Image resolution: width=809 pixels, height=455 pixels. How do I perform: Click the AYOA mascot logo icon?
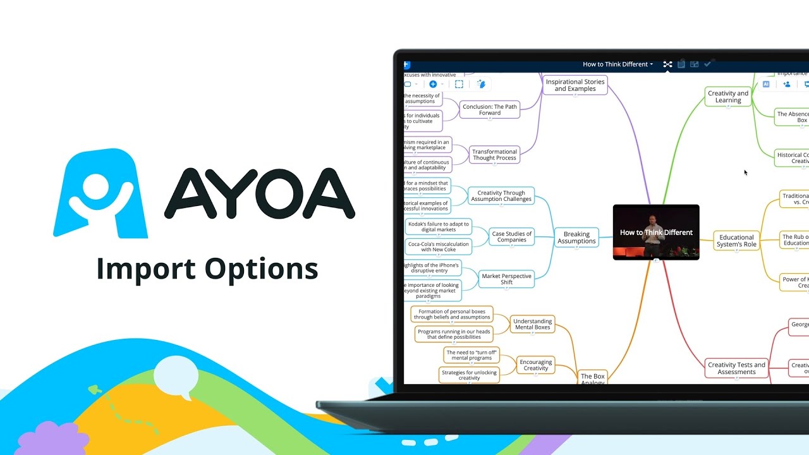(100, 193)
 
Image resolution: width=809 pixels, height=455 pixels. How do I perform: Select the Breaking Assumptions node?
(576, 237)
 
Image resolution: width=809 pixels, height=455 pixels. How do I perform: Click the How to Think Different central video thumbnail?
(656, 232)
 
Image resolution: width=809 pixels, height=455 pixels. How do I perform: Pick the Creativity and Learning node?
(728, 97)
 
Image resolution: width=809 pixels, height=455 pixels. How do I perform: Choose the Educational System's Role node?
(736, 241)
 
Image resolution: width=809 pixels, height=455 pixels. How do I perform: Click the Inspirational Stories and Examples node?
(575, 85)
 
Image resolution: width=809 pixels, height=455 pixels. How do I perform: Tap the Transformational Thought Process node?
(494, 155)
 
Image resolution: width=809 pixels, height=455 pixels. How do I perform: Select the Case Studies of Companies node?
(511, 237)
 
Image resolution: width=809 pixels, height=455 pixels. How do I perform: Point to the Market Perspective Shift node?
(506, 279)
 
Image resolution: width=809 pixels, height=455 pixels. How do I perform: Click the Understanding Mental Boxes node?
(532, 325)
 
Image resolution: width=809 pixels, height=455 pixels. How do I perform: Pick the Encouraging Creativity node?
(535, 365)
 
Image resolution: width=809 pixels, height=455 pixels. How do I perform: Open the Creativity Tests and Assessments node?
(736, 368)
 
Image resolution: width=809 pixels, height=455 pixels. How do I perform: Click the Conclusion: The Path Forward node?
(489, 110)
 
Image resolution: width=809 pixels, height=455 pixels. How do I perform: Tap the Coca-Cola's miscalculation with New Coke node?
(438, 247)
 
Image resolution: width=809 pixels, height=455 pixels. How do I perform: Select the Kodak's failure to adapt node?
(438, 227)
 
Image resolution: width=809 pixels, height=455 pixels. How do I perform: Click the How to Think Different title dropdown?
(617, 64)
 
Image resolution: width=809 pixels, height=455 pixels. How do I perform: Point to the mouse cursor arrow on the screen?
(746, 172)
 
